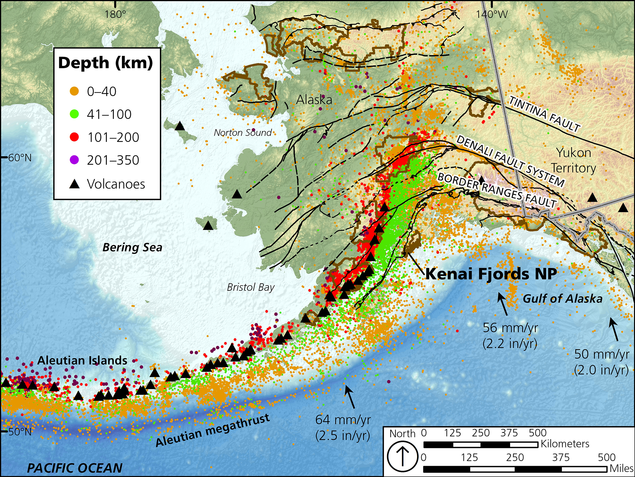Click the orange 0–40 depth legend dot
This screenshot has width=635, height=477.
tap(74, 91)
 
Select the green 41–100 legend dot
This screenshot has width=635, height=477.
tap(74, 114)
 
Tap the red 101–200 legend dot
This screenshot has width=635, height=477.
tap(74, 137)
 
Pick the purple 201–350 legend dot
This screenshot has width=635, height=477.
tap(74, 160)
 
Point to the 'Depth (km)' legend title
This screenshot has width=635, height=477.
tap(106, 63)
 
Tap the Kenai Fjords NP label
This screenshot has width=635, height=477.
tap(491, 274)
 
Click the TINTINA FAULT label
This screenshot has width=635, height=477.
tap(544, 114)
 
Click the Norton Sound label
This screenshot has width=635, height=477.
tap(243, 133)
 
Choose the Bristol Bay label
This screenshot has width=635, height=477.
tap(251, 287)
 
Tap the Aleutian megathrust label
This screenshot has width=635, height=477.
tap(212, 430)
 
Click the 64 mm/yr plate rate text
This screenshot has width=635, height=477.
tap(343, 420)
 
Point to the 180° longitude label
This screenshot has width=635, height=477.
tap(115, 14)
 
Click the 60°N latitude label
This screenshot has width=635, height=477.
tap(19, 158)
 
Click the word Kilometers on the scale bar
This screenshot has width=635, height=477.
tap(565, 444)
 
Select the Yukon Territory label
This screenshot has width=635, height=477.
tap(573, 160)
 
